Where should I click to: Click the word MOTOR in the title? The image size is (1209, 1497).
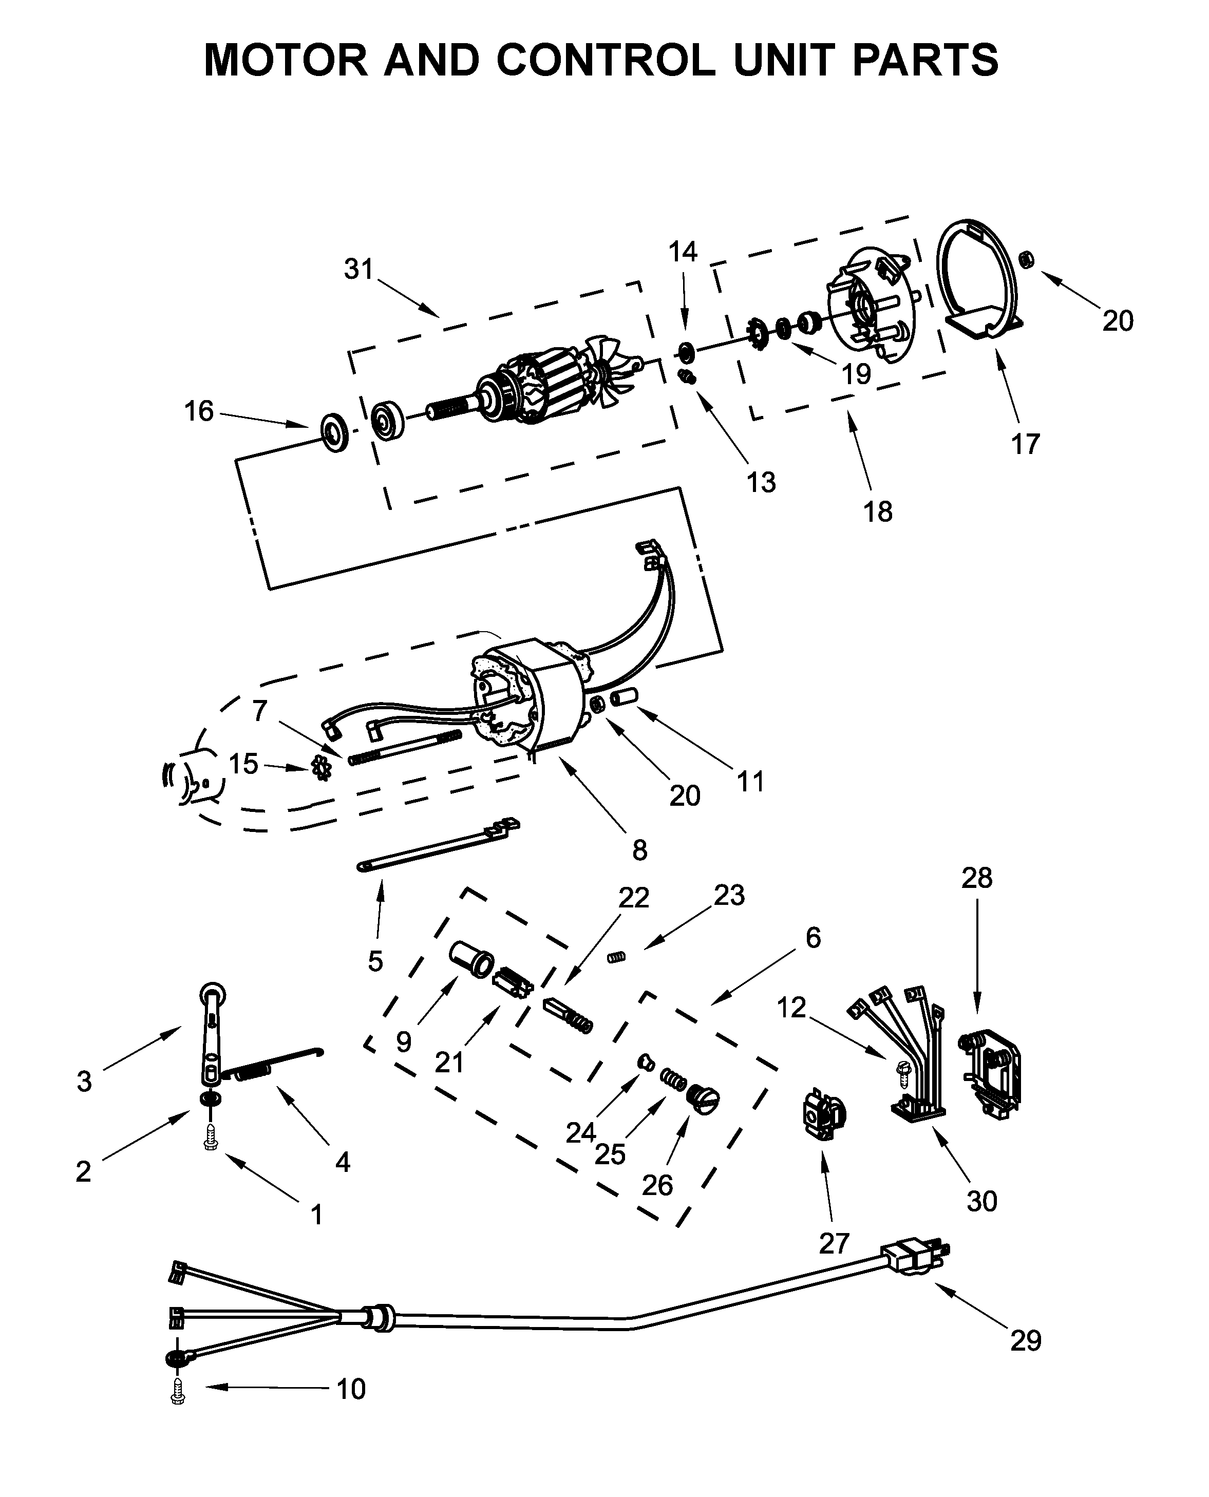coord(285,60)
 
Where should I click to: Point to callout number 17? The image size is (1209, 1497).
coord(1025,444)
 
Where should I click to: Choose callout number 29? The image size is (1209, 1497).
coord(1026,1340)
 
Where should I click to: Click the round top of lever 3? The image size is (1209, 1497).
coord(213,994)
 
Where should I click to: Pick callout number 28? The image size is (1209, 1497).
coord(976,878)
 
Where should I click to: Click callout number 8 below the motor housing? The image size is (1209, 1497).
coord(639,850)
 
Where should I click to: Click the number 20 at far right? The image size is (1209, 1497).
coord(1118,321)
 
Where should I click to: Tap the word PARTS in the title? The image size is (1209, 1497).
coord(925,60)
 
